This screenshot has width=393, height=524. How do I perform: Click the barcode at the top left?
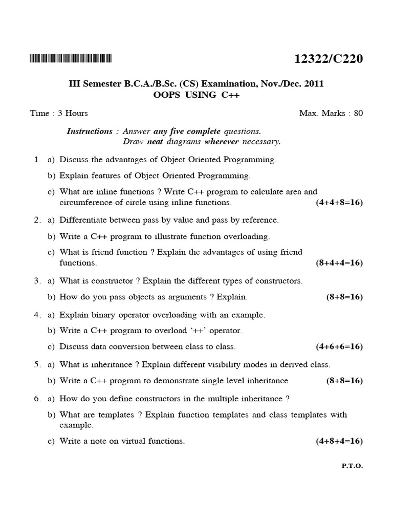pos(71,59)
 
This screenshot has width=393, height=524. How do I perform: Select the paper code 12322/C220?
pos(329,59)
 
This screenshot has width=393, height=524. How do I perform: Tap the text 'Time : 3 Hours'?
pos(59,113)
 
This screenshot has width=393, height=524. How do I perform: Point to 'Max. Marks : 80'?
pos(331,113)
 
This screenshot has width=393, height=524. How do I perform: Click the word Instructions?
pos(90,131)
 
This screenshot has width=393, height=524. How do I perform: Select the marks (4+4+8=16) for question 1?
pos(339,203)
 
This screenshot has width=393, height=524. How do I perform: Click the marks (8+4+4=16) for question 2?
pos(339,263)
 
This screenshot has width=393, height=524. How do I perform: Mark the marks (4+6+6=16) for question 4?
pos(339,347)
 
